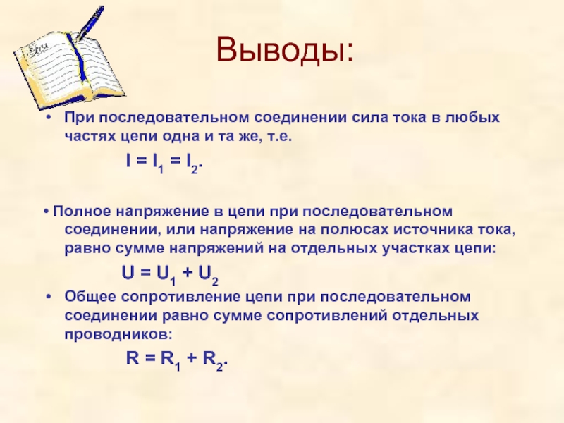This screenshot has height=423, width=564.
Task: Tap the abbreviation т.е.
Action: (x=278, y=136)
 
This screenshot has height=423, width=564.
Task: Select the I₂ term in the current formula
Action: (x=192, y=163)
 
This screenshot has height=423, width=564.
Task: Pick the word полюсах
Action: (x=355, y=230)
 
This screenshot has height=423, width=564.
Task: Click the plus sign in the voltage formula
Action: (x=187, y=274)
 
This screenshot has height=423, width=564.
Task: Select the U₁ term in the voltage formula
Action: (x=166, y=275)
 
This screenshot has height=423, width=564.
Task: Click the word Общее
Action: (x=91, y=297)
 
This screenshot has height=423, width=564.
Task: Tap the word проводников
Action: (x=118, y=335)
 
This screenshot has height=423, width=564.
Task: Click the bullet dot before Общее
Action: (x=49, y=297)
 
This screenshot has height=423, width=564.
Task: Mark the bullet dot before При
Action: (x=49, y=118)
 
